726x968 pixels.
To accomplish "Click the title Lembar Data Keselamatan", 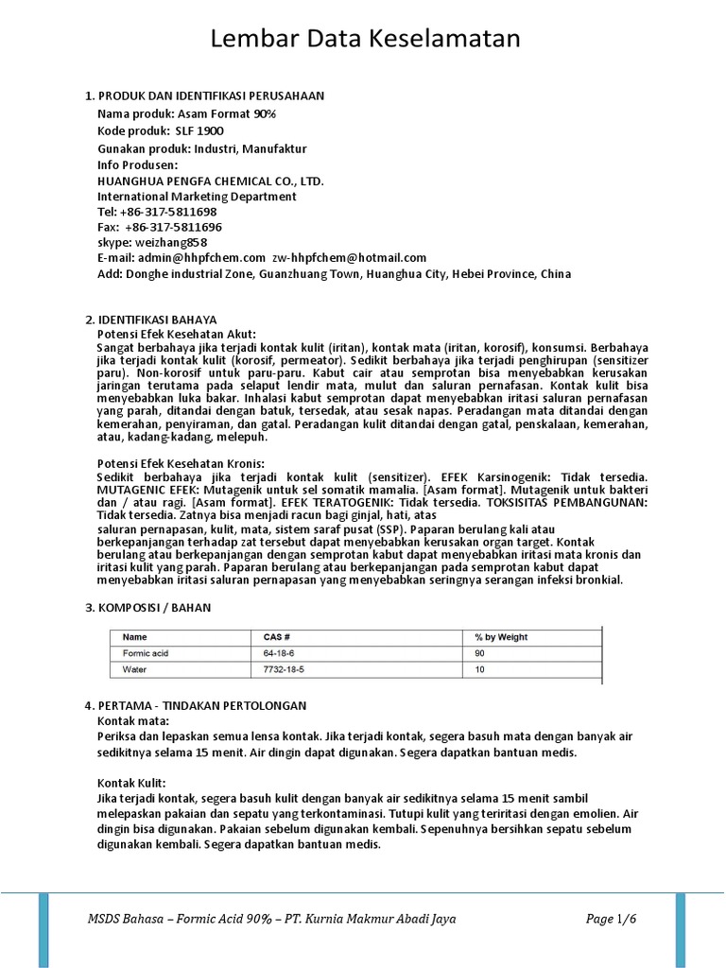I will coord(365,40).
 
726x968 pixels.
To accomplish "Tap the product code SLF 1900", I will coord(198,130).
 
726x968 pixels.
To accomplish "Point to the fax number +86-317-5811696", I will coord(173,227).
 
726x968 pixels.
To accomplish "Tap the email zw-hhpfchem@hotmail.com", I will coord(350,257).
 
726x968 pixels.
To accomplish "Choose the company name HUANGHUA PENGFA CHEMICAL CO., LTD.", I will coord(211,181).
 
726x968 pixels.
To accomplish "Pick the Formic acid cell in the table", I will coord(145,653).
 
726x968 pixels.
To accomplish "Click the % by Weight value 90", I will coord(480,653).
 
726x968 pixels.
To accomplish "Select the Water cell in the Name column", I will coord(136,669).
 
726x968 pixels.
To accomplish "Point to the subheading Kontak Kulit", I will coord(131,783).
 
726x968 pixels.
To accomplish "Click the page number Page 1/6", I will coord(612,919).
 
